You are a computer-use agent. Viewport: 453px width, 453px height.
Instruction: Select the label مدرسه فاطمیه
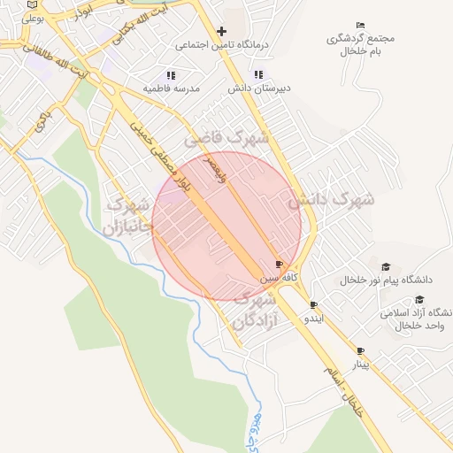point(172,89)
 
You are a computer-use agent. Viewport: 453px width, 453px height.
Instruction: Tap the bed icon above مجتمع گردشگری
point(359,25)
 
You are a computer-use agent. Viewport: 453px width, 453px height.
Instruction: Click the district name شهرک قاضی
point(226,139)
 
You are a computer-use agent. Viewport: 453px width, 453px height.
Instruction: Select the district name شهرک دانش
point(331,199)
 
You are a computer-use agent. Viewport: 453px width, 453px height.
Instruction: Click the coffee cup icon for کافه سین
point(280,265)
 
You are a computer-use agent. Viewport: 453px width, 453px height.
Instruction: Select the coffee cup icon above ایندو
point(313,304)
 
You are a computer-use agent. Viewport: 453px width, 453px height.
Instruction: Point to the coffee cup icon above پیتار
point(360,351)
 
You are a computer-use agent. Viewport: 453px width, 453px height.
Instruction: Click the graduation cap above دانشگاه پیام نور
point(385,267)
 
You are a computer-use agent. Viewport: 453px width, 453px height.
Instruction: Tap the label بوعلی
point(33,17)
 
